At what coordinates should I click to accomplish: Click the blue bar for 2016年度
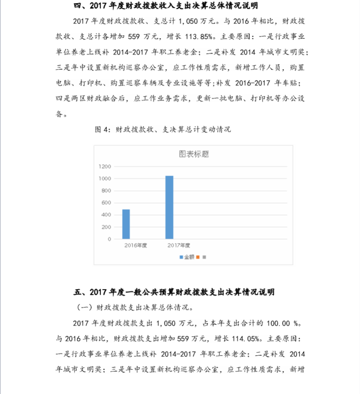pyautogui.click(x=126, y=224)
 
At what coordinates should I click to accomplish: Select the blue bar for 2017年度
pyautogui.click(x=169, y=207)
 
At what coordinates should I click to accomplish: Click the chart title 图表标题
pyautogui.click(x=194, y=154)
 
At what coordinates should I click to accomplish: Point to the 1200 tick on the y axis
pyautogui.click(x=105, y=167)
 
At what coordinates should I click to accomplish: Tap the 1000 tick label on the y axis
pyautogui.click(x=105, y=179)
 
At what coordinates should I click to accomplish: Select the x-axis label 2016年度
pyautogui.click(x=136, y=245)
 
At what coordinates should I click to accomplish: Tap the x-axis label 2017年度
pyautogui.click(x=179, y=245)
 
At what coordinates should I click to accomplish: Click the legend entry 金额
pyautogui.click(x=187, y=257)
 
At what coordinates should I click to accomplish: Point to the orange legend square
pyautogui.click(x=198, y=257)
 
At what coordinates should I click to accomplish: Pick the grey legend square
pyautogui.click(x=204, y=257)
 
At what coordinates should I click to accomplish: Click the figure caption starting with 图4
pyautogui.click(x=163, y=129)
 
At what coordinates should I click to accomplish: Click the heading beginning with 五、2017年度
pyautogui.click(x=173, y=292)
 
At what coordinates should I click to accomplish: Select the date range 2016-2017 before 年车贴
pyautogui.click(x=250, y=83)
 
